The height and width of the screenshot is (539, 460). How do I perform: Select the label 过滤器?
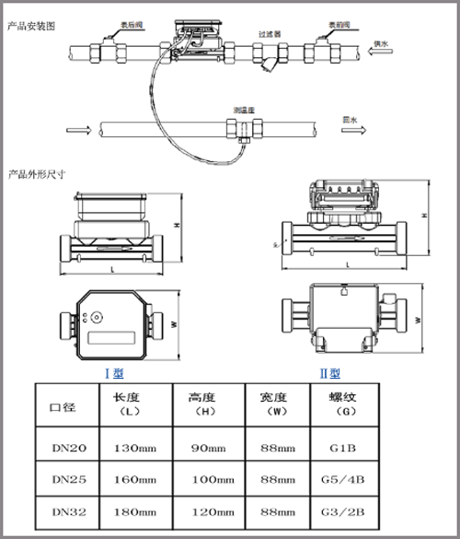tap(269, 33)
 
